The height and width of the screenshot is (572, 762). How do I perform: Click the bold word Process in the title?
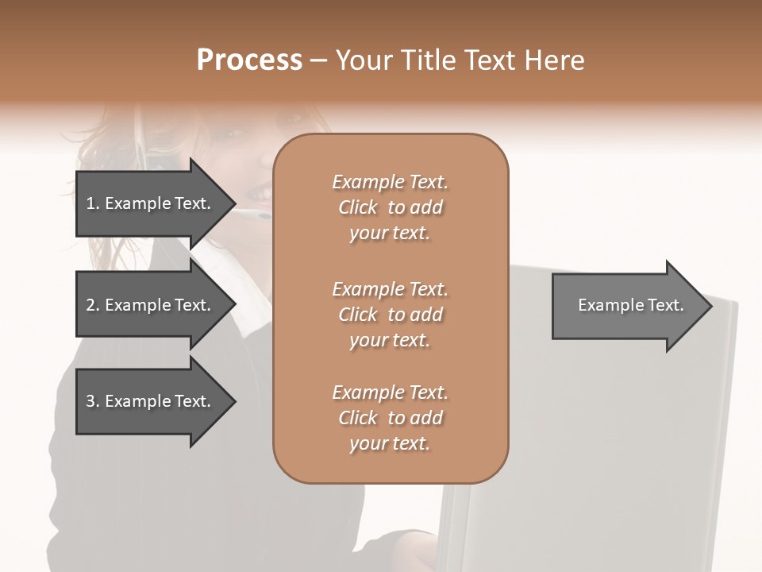click(249, 60)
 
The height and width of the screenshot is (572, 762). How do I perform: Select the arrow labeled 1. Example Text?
click(151, 204)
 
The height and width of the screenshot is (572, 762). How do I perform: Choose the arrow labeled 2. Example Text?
click(151, 305)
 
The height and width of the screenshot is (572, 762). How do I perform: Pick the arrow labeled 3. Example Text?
click(151, 401)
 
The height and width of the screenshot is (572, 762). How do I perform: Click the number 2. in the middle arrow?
click(92, 305)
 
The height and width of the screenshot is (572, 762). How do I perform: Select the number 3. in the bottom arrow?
click(92, 401)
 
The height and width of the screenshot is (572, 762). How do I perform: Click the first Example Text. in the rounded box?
click(390, 182)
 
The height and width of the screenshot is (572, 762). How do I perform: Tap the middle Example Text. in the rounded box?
click(390, 288)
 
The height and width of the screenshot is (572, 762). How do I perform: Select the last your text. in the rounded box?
click(390, 444)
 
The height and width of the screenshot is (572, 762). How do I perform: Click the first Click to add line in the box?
click(390, 207)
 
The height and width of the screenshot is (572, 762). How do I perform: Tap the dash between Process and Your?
click(319, 61)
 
